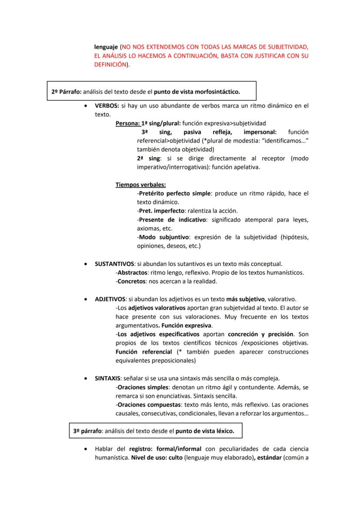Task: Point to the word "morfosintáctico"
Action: pos(218,92)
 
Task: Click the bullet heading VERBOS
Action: pos(107,106)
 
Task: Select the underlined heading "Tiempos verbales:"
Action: pos(140,184)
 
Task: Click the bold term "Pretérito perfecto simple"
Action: pos(174,193)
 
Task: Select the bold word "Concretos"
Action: pos(131,281)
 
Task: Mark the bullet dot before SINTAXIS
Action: pos(85,378)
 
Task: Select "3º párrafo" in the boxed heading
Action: pos(87,431)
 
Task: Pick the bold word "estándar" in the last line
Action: pos(267,457)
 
